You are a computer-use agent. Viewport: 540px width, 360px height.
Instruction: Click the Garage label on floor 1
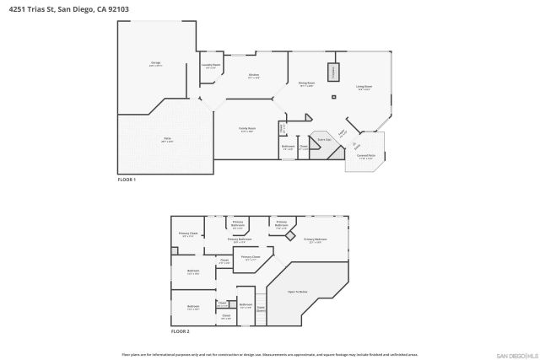155,64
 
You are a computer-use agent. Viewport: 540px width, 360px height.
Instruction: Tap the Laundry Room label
211,66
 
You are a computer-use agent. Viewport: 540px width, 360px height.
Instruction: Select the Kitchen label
253,76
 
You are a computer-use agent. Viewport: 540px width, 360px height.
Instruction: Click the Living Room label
364,87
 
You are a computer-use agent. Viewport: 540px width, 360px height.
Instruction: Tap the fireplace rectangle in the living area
333,73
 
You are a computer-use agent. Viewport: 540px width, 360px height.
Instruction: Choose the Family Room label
246,130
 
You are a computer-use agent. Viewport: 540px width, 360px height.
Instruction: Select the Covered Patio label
366,156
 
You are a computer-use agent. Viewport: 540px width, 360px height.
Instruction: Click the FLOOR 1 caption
127,180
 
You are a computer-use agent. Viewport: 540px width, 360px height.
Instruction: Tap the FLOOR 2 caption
181,331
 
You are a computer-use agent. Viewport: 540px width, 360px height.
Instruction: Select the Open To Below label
298,291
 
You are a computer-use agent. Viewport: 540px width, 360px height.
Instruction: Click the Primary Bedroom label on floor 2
315,239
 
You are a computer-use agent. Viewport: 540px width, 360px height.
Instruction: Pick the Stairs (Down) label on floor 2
261,309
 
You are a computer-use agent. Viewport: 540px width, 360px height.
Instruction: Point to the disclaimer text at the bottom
269,355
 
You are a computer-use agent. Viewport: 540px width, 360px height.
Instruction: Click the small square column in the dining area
334,98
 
